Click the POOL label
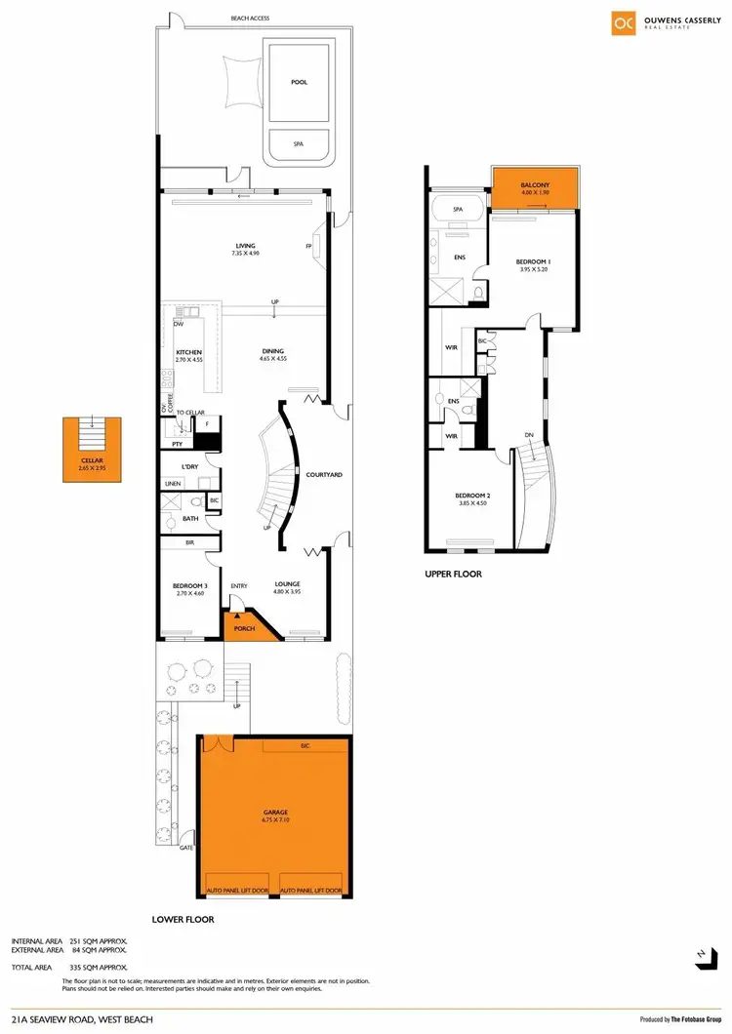[x=299, y=82]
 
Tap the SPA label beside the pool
[x=299, y=144]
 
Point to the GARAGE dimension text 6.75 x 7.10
[x=274, y=820]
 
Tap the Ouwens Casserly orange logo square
[x=623, y=23]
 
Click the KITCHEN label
[x=188, y=352]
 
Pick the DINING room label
[x=273, y=352]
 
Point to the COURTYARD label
[x=323, y=475]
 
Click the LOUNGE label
[x=287, y=584]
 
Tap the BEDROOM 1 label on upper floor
[x=534, y=262]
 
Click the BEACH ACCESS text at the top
[x=250, y=19]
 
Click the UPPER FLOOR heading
[x=454, y=574]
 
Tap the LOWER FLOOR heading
[x=183, y=919]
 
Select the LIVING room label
[x=245, y=246]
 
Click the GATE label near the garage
[x=185, y=848]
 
